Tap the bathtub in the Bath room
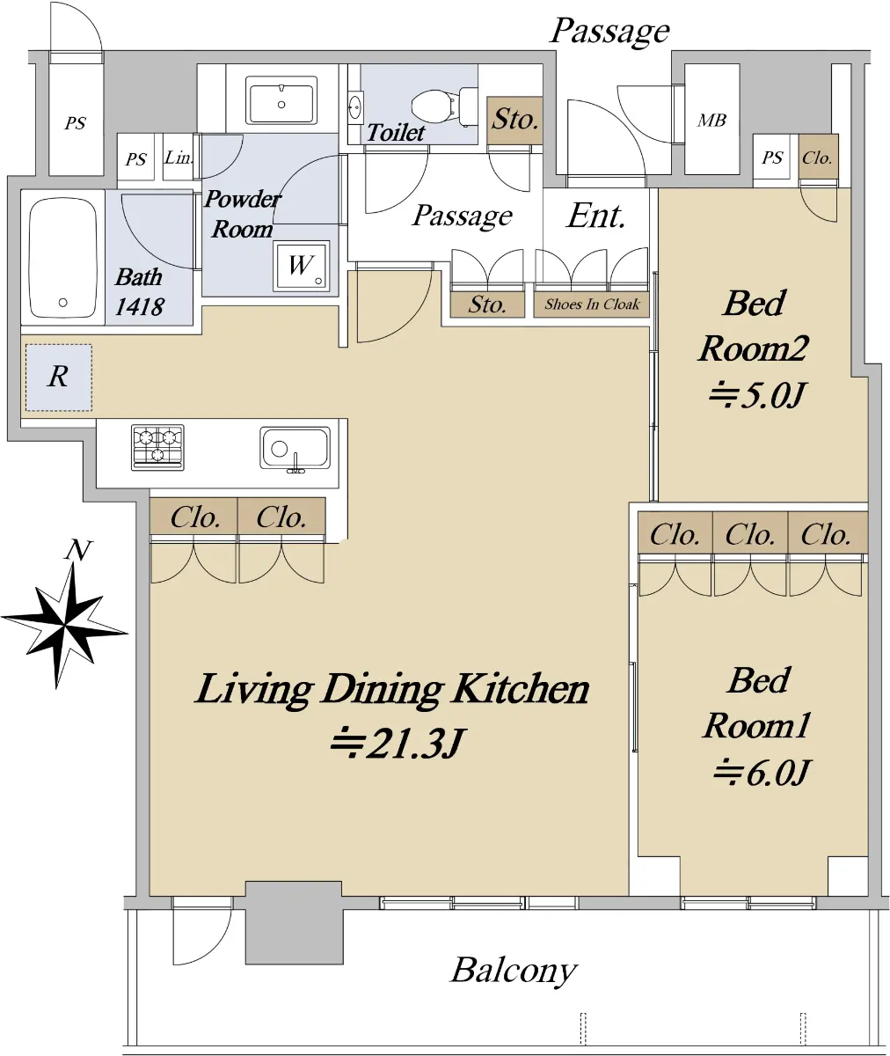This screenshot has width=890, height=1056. [x=62, y=258]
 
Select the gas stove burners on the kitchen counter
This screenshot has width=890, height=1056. [x=157, y=447]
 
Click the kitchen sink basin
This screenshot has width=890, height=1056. [x=295, y=449]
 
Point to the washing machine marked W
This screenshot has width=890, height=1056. [x=302, y=266]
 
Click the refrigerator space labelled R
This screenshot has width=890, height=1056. [x=59, y=378]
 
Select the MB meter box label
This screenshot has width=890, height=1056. [x=711, y=120]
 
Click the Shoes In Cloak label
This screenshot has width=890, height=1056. [x=592, y=304]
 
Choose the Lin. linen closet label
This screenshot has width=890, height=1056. [x=179, y=158]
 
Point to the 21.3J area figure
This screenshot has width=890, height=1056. [x=397, y=743]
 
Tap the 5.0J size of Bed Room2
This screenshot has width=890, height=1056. [x=756, y=395]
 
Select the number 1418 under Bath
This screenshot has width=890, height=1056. [x=140, y=306]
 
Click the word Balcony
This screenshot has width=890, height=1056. [x=514, y=971]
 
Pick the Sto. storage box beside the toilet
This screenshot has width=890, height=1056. [x=515, y=120]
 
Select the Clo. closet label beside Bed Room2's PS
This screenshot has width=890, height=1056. [x=817, y=158]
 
